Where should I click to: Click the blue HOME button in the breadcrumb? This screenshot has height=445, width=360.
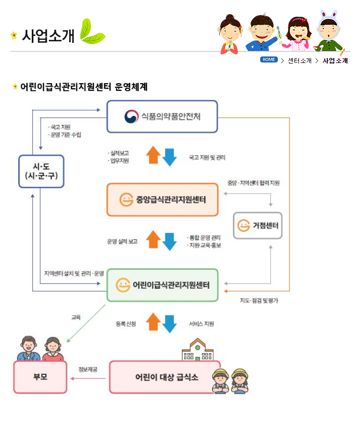[x=269, y=59]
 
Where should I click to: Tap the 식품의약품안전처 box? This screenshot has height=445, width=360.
[x=162, y=116]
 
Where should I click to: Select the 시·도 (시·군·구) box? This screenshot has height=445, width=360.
[x=41, y=171]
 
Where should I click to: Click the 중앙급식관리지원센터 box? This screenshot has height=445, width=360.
[x=162, y=200]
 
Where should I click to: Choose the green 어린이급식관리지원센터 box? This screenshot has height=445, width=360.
[x=162, y=285]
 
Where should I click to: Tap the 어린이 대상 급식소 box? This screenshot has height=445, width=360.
[x=165, y=377]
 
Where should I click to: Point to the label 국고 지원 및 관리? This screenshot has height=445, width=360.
[x=207, y=158]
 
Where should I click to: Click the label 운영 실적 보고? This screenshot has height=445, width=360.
[x=122, y=241]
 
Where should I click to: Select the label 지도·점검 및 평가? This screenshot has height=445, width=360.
[x=259, y=301]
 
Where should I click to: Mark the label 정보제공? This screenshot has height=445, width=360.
[x=88, y=369]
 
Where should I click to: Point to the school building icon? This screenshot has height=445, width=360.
[x=197, y=350]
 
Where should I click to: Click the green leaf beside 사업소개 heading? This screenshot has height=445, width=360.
[x=92, y=32]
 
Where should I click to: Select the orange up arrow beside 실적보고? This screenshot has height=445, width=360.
[x=153, y=155]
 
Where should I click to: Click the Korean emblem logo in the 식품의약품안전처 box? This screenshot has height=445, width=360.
[x=132, y=116]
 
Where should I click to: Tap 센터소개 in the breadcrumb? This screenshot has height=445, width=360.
[x=299, y=60]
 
